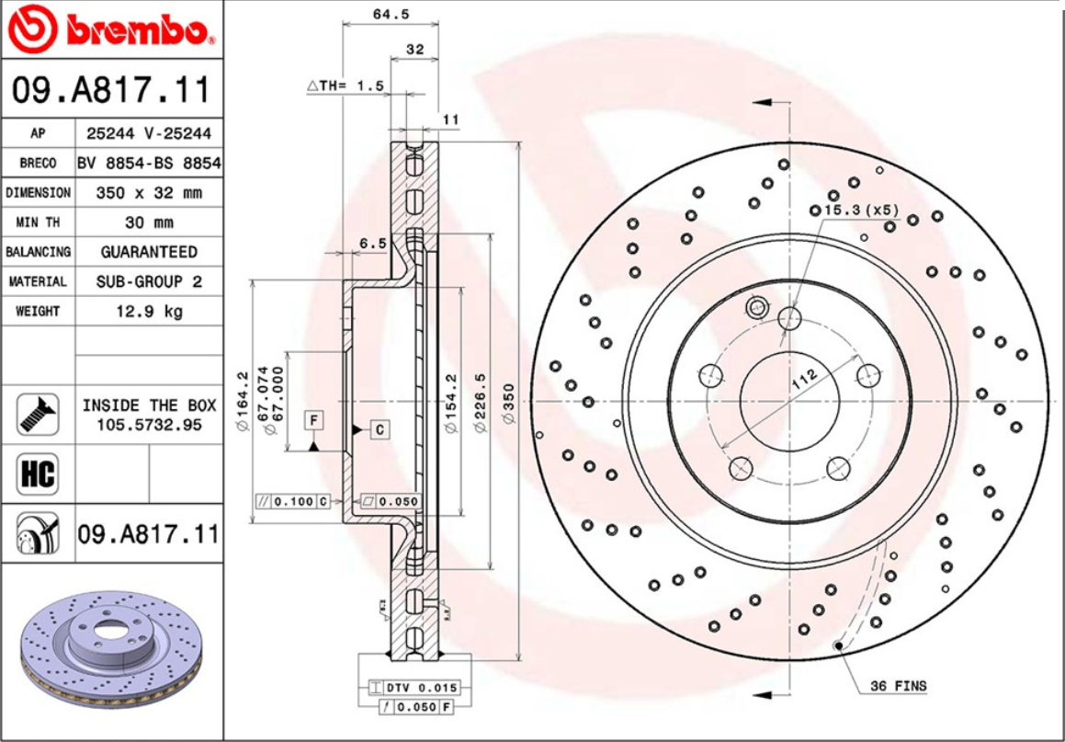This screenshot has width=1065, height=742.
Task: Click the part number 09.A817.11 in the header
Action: pyautogui.click(x=111, y=91)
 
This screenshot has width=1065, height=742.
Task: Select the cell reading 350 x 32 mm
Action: pyautogui.click(x=149, y=193)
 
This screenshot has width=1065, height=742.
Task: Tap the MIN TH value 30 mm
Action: pyautogui.click(x=149, y=223)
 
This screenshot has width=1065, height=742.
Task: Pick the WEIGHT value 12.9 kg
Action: pyautogui.click(x=149, y=311)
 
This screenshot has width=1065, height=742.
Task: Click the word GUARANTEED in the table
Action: pyautogui.click(x=149, y=252)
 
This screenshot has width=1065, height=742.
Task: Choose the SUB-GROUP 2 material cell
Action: pyautogui.click(x=149, y=281)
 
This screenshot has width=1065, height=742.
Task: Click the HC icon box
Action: pyautogui.click(x=38, y=474)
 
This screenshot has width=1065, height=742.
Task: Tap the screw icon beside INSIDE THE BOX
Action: pyautogui.click(x=38, y=414)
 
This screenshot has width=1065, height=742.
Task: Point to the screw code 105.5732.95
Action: pyautogui.click(x=149, y=424)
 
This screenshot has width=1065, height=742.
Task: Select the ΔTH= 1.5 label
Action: pyautogui.click(x=345, y=86)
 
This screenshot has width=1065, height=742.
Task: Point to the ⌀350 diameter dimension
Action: pyautogui.click(x=508, y=403)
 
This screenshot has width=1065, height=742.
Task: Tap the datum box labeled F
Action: pyautogui.click(x=313, y=420)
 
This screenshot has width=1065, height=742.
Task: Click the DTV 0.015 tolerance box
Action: pyautogui.click(x=419, y=688)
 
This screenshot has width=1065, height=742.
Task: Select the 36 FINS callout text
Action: pyautogui.click(x=898, y=686)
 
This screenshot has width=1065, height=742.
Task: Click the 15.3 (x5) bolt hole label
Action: pyautogui.click(x=860, y=211)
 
